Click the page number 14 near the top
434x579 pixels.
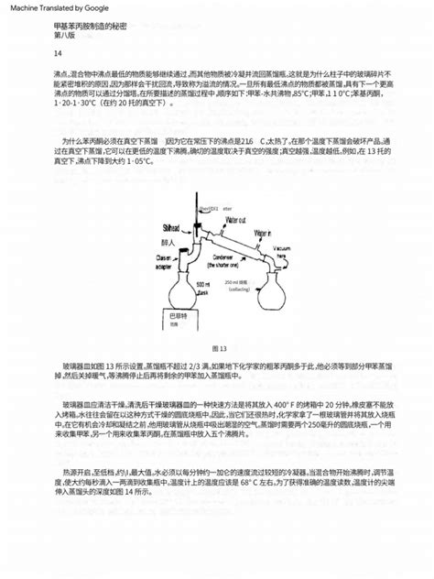[60, 54]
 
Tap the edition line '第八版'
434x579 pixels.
[65, 37]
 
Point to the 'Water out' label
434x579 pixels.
[236, 221]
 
